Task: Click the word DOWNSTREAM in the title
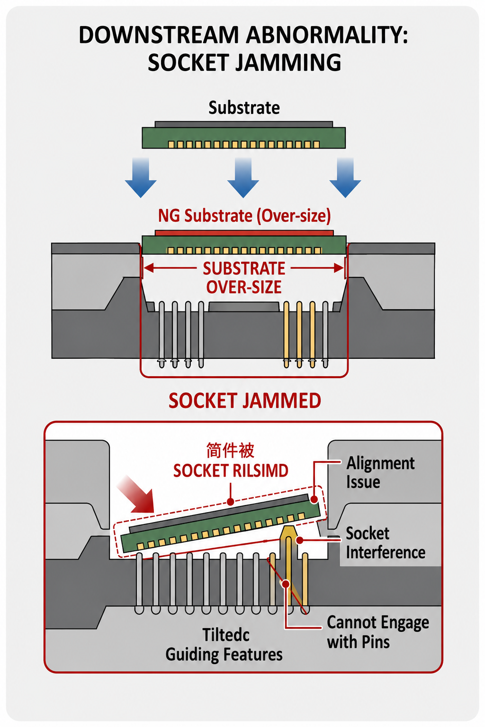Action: [159, 35]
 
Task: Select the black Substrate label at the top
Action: [244, 108]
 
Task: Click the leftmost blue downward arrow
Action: [141, 177]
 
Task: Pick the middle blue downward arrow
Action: [243, 177]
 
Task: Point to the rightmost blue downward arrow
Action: [345, 177]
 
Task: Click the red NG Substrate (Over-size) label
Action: [244, 216]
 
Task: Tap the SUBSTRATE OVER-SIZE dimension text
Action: [244, 278]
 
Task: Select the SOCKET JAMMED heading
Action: [245, 401]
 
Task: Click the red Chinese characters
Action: [230, 450]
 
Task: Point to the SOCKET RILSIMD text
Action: [231, 471]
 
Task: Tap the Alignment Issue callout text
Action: [380, 472]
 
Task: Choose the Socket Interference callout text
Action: [385, 543]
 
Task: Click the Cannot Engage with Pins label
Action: [378, 632]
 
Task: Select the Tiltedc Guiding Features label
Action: [224, 645]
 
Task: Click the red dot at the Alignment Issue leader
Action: [314, 499]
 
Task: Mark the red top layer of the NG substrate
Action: [244, 233]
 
